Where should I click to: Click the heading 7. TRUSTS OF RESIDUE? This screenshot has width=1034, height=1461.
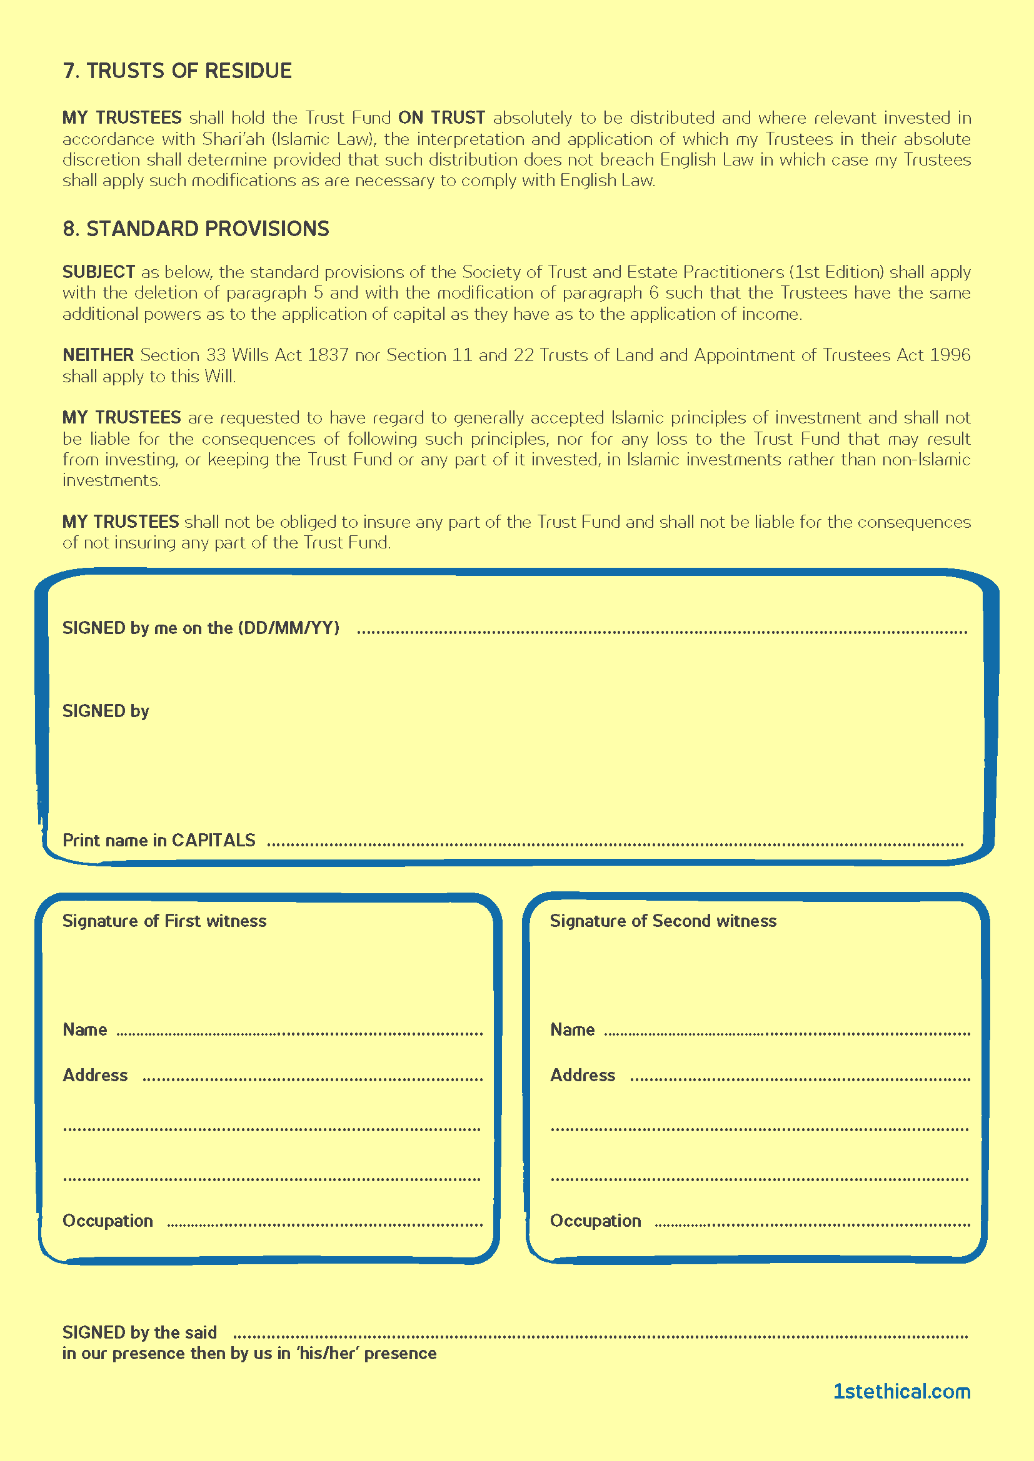coord(177,71)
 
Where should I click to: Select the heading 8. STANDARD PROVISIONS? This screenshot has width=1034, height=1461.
coord(196,229)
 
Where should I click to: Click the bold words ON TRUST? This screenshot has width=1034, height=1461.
coord(441,117)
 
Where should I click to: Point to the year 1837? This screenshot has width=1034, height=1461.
coord(327,355)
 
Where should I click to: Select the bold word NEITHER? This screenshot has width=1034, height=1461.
coord(98,355)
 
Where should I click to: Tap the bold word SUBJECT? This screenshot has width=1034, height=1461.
coord(99,272)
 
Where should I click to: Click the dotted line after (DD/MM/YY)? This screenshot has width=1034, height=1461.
coord(662,632)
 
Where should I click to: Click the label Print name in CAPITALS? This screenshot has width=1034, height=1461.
coord(159,840)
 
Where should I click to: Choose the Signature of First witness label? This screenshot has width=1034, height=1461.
coord(164,921)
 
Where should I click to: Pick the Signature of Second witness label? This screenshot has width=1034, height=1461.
coord(663,921)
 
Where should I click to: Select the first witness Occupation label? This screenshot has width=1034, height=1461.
coord(108,1221)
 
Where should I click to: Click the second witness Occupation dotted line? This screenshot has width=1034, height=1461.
coord(813,1224)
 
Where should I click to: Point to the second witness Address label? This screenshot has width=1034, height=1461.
coord(583,1075)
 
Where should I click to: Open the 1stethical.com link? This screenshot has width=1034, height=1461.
coord(901,1392)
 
